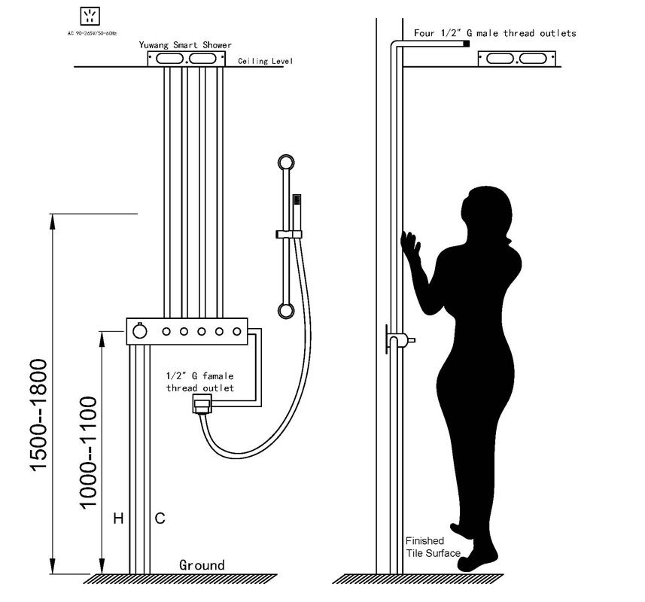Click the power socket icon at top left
coord(90,17)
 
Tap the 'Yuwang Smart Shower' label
coord(185,45)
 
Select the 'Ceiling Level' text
coord(266,61)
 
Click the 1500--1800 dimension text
coord(39,415)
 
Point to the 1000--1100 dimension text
coord(88,453)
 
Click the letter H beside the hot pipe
coord(118,518)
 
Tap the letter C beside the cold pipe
coord(160,518)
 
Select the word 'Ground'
coord(202,565)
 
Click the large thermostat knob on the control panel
coord(140,331)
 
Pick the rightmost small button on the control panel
coord(237,331)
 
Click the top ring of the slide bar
coord(286,163)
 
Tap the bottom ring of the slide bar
coord(286,311)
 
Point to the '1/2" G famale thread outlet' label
coord(200,382)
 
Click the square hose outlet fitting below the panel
coord(202,404)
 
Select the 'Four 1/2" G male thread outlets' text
coord(495,33)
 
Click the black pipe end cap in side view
coord(467,44)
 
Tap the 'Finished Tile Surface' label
coord(433,547)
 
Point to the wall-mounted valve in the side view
coord(400,339)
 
